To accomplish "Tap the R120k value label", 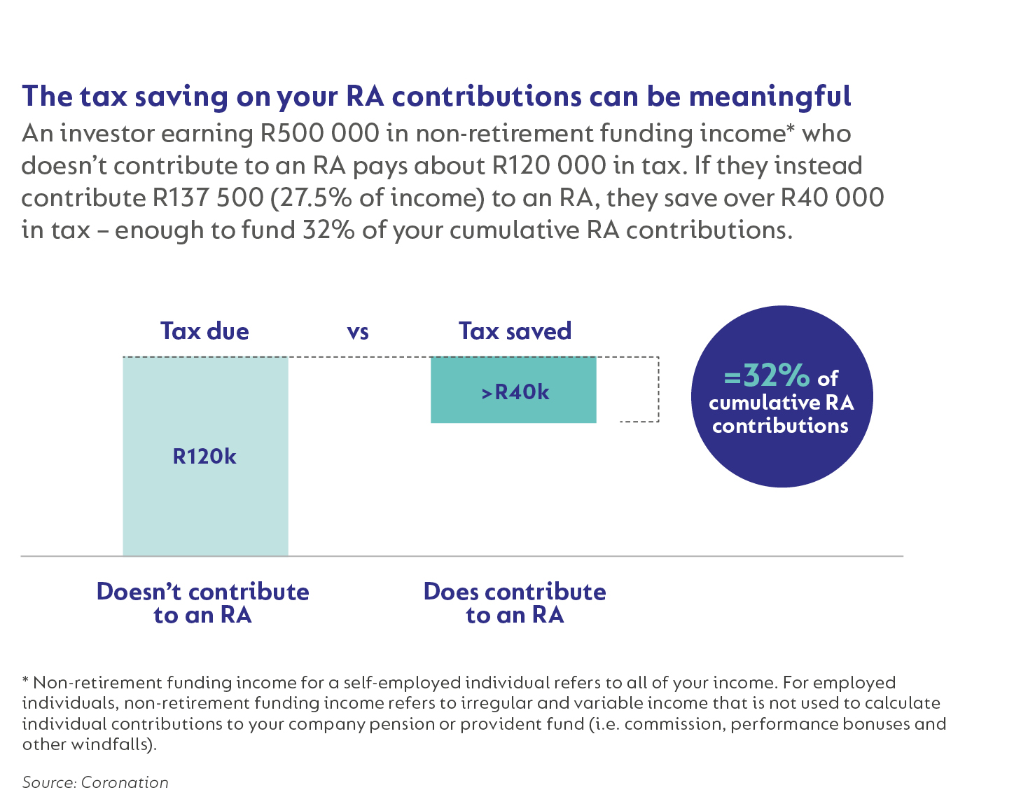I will [204, 457].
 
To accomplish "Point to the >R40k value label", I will [515, 392].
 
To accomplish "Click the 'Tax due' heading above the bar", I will [204, 331].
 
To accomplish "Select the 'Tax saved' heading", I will [515, 331].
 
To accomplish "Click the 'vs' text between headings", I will [358, 331].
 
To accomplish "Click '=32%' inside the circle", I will [767, 376].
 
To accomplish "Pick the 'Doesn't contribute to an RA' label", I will [202, 603].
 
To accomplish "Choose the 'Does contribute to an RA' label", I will [515, 603].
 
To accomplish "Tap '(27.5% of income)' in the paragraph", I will [377, 197].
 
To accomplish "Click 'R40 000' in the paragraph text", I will [832, 197].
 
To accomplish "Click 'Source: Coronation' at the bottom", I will [95, 782].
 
